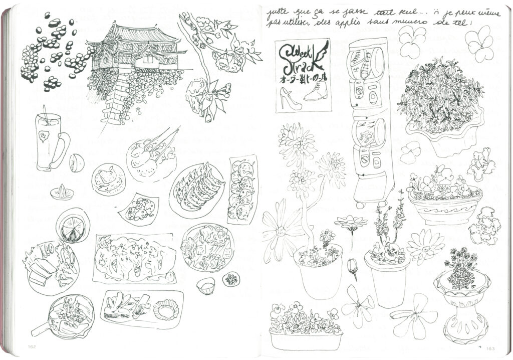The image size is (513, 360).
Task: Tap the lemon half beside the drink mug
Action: pyautogui.click(x=77, y=162)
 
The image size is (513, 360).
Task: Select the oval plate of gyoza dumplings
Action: pyautogui.click(x=197, y=190)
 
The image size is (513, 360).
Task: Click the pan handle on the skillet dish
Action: pyautogui.click(x=40, y=328)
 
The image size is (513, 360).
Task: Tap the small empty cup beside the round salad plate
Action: pyautogui.click(x=205, y=286)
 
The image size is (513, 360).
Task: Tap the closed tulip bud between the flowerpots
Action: pyautogui.click(x=353, y=266)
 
